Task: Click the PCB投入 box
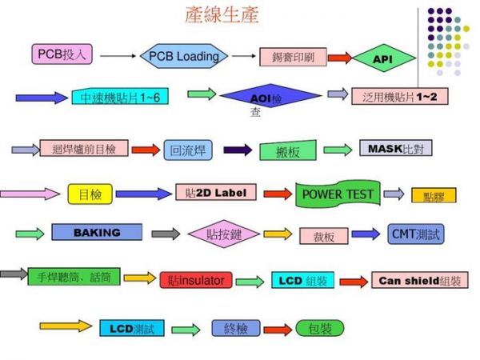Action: tap(64, 54)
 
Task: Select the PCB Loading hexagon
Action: tap(184, 57)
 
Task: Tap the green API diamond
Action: tap(383, 58)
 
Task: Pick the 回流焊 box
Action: tap(188, 150)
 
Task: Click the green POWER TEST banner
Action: tap(338, 194)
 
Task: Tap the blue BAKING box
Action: tap(97, 233)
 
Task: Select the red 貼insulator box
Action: tap(196, 280)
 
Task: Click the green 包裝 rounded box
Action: tap(319, 328)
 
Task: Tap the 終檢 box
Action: tap(236, 328)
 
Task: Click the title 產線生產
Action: tap(222, 15)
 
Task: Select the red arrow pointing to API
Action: tap(339, 58)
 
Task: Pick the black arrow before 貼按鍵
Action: tap(166, 234)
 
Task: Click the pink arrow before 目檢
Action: tap(30, 194)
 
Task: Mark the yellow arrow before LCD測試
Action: tap(66, 326)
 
